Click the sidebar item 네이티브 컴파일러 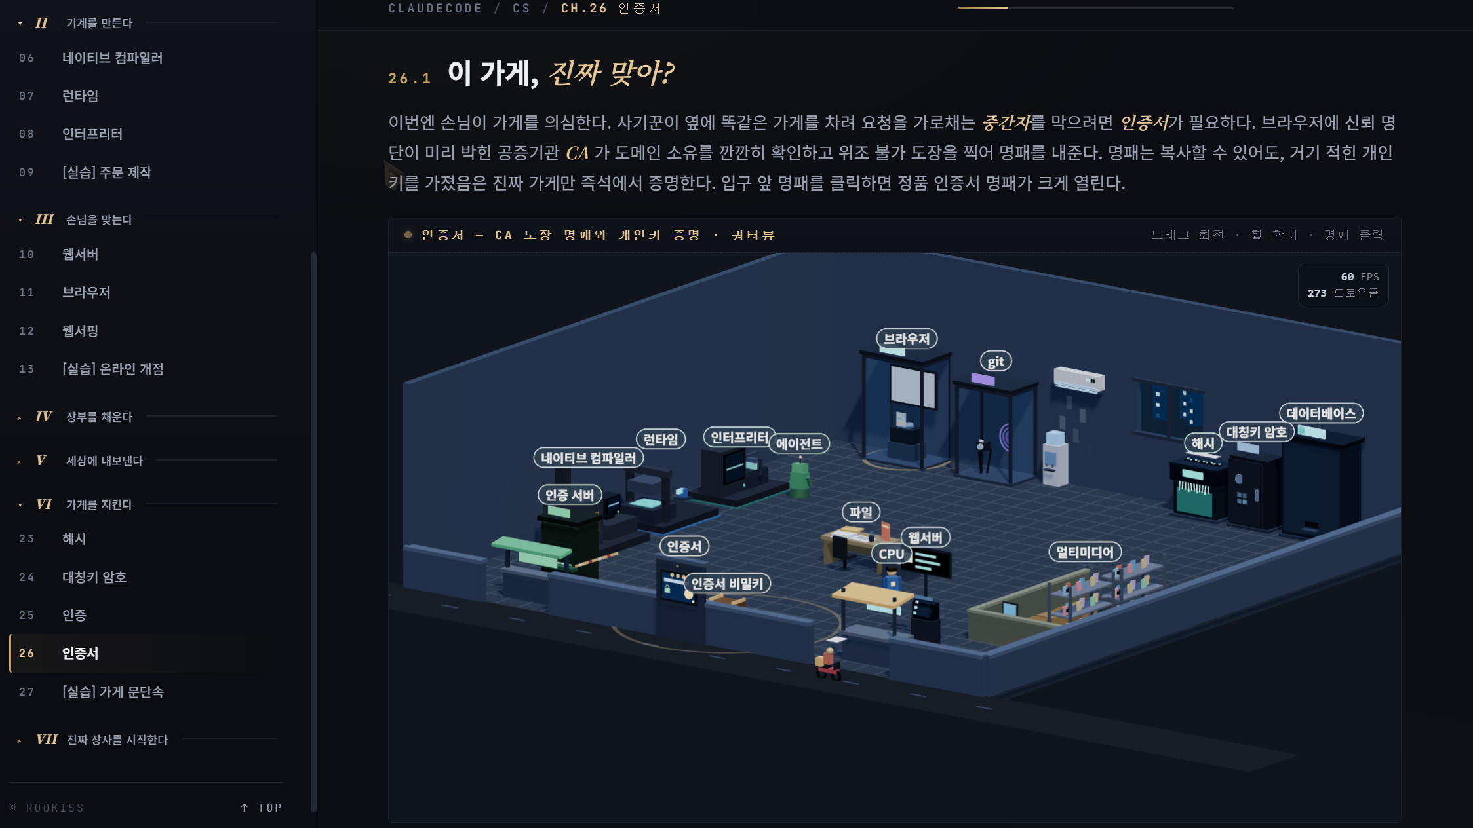[112, 58]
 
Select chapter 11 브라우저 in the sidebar [86, 292]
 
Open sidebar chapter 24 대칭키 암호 [94, 577]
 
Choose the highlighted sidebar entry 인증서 [80, 653]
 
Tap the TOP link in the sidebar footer [262, 808]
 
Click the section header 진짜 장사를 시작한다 [117, 740]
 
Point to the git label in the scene [996, 362]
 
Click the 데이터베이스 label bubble [1321, 413]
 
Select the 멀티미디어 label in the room [1085, 552]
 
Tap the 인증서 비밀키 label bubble [727, 584]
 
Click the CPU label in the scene [892, 554]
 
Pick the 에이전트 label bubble [799, 443]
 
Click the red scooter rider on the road [829, 664]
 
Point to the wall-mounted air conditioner [1079, 379]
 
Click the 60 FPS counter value [1360, 277]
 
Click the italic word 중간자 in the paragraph [1006, 122]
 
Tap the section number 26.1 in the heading [410, 79]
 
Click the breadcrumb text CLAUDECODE [435, 9]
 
